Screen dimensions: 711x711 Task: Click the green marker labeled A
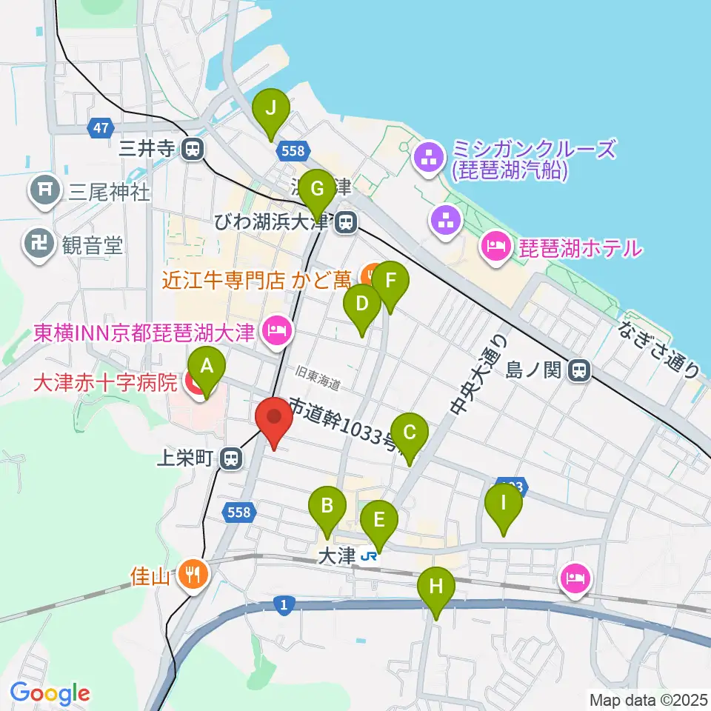click(x=207, y=366)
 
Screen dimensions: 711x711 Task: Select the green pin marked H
click(x=436, y=588)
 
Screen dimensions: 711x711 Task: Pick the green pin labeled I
click(x=504, y=504)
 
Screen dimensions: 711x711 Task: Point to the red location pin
click(x=274, y=418)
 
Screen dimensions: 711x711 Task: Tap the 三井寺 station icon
click(x=193, y=149)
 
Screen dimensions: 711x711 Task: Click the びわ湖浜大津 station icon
click(x=344, y=221)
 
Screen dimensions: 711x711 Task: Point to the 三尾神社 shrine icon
click(x=44, y=193)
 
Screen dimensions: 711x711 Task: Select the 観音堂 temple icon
click(x=36, y=244)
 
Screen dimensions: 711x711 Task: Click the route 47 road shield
click(x=101, y=128)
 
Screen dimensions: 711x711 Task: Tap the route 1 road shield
click(x=284, y=604)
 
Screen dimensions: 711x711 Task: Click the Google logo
click(x=50, y=693)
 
